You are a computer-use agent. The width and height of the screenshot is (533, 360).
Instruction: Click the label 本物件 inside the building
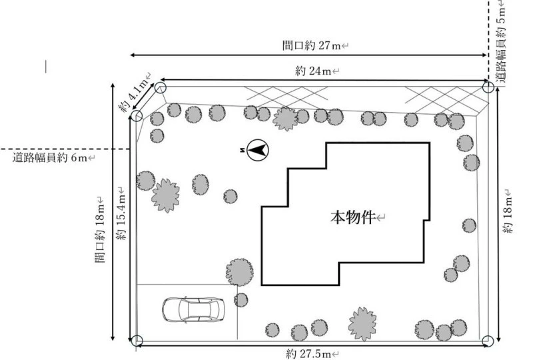[352, 217]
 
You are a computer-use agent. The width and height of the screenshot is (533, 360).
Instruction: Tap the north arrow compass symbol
[257, 150]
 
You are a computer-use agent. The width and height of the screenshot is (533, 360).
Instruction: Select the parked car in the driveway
[193, 309]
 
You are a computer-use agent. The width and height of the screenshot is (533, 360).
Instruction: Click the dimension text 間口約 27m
[311, 45]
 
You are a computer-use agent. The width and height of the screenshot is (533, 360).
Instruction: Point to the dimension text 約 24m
[313, 71]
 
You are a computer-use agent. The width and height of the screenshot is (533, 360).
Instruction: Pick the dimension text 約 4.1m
[133, 93]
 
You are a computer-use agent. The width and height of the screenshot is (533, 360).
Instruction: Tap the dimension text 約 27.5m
[308, 354]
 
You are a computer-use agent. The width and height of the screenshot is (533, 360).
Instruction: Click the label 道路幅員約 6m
[49, 157]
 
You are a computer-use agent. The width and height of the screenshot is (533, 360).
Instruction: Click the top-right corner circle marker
[488, 87]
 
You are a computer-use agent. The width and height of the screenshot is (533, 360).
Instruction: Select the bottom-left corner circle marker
[137, 341]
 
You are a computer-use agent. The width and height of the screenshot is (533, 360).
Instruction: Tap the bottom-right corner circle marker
[488, 341]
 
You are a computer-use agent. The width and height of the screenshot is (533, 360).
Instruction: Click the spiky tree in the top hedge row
[285, 119]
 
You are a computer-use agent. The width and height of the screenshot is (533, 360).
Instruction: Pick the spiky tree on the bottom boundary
[362, 323]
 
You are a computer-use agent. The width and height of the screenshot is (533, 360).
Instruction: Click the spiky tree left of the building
[165, 195]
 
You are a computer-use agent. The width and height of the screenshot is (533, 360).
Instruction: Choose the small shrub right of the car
[241, 300]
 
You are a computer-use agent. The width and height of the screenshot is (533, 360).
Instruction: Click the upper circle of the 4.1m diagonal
[161, 88]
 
